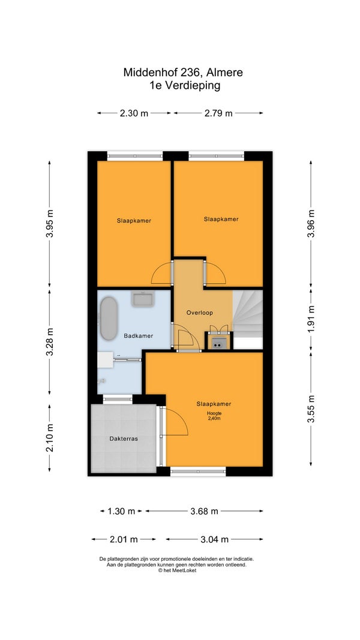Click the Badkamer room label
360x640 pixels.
tap(139, 336)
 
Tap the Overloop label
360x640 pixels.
tap(200, 313)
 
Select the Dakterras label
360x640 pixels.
tap(124, 439)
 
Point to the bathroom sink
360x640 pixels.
tap(142, 299)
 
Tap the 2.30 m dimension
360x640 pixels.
tap(134, 113)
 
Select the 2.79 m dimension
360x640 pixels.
tap(218, 113)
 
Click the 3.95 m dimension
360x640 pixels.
tap(50, 223)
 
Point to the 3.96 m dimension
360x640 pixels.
tap(311, 223)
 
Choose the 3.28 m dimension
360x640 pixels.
tap(50, 342)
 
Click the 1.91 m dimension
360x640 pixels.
tap(311, 319)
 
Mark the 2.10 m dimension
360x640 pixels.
tap(50, 438)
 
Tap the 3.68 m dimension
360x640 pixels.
tap(204, 511)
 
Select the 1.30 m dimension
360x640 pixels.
tap(121, 511)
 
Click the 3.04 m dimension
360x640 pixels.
tap(214, 540)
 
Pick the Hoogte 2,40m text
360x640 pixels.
tap(214, 415)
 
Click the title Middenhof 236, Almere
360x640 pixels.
tap(183, 73)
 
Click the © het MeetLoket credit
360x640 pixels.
tap(177, 570)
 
